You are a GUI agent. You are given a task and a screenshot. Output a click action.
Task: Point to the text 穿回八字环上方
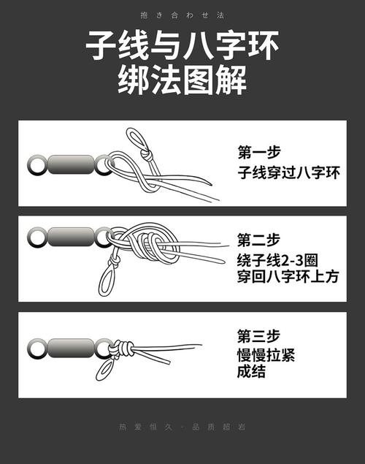coord(289,280)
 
